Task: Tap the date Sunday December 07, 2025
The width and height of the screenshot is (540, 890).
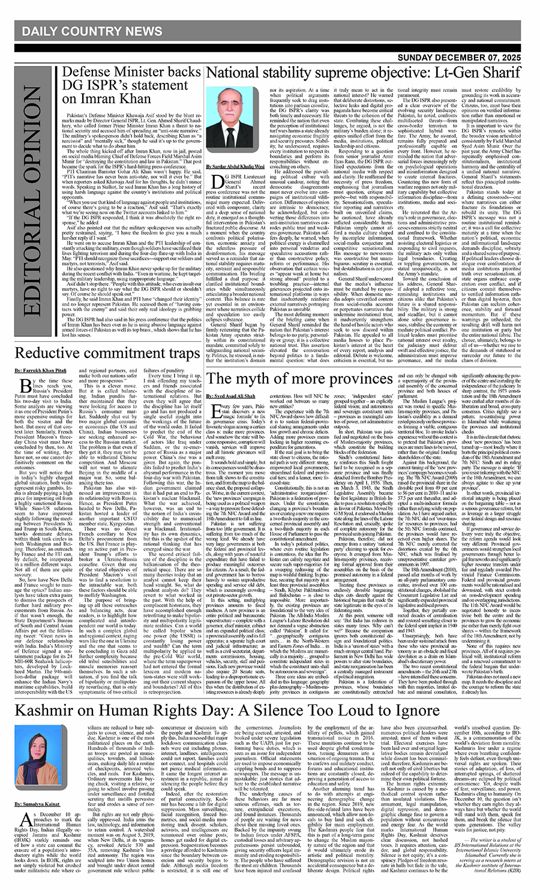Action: (x=467, y=58)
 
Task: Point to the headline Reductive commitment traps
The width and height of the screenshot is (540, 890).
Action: (x=107, y=352)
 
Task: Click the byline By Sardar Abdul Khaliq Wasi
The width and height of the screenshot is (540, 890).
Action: (x=235, y=166)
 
